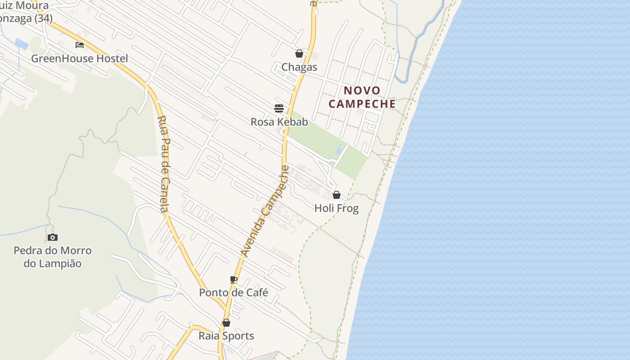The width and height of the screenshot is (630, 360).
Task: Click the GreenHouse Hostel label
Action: (79, 58)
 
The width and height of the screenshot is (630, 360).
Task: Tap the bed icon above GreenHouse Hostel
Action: (80, 45)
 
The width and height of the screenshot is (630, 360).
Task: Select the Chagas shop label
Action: (299, 67)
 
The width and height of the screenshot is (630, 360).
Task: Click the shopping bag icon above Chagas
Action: (299, 54)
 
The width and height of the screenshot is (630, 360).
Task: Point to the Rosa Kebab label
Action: (279, 122)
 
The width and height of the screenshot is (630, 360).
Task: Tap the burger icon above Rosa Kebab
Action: (279, 108)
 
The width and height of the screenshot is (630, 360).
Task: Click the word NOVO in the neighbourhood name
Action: (362, 90)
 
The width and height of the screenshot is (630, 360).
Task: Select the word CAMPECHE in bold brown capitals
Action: (362, 104)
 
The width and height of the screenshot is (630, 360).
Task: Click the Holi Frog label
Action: (336, 208)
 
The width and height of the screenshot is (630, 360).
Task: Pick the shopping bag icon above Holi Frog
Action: (336, 195)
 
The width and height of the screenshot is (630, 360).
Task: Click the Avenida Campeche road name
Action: (265, 211)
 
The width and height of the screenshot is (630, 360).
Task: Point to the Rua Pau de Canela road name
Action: (163, 164)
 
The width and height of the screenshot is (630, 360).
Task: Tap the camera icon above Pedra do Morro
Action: (53, 237)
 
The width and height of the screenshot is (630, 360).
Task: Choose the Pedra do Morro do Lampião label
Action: (53, 257)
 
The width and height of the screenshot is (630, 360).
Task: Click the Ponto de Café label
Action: (234, 292)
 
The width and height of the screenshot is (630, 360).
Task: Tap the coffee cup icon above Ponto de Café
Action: (234, 279)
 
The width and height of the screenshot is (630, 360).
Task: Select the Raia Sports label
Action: (226, 336)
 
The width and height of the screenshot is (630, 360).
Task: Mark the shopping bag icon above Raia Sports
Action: (226, 323)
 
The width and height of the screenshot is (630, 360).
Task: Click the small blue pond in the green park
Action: (338, 149)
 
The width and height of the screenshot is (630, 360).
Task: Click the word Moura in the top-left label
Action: (33, 6)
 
